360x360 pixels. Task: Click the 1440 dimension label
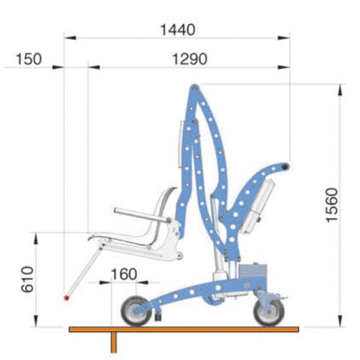(x=177, y=30)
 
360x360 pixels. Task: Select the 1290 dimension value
(x=189, y=59)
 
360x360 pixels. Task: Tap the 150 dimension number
(x=29, y=59)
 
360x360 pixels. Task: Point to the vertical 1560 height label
(x=332, y=205)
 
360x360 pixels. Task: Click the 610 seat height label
(x=27, y=279)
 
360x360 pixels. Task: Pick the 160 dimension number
(x=124, y=274)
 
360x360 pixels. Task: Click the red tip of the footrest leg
(x=66, y=298)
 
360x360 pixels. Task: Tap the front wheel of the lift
(x=136, y=311)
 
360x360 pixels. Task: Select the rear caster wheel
(x=269, y=312)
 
